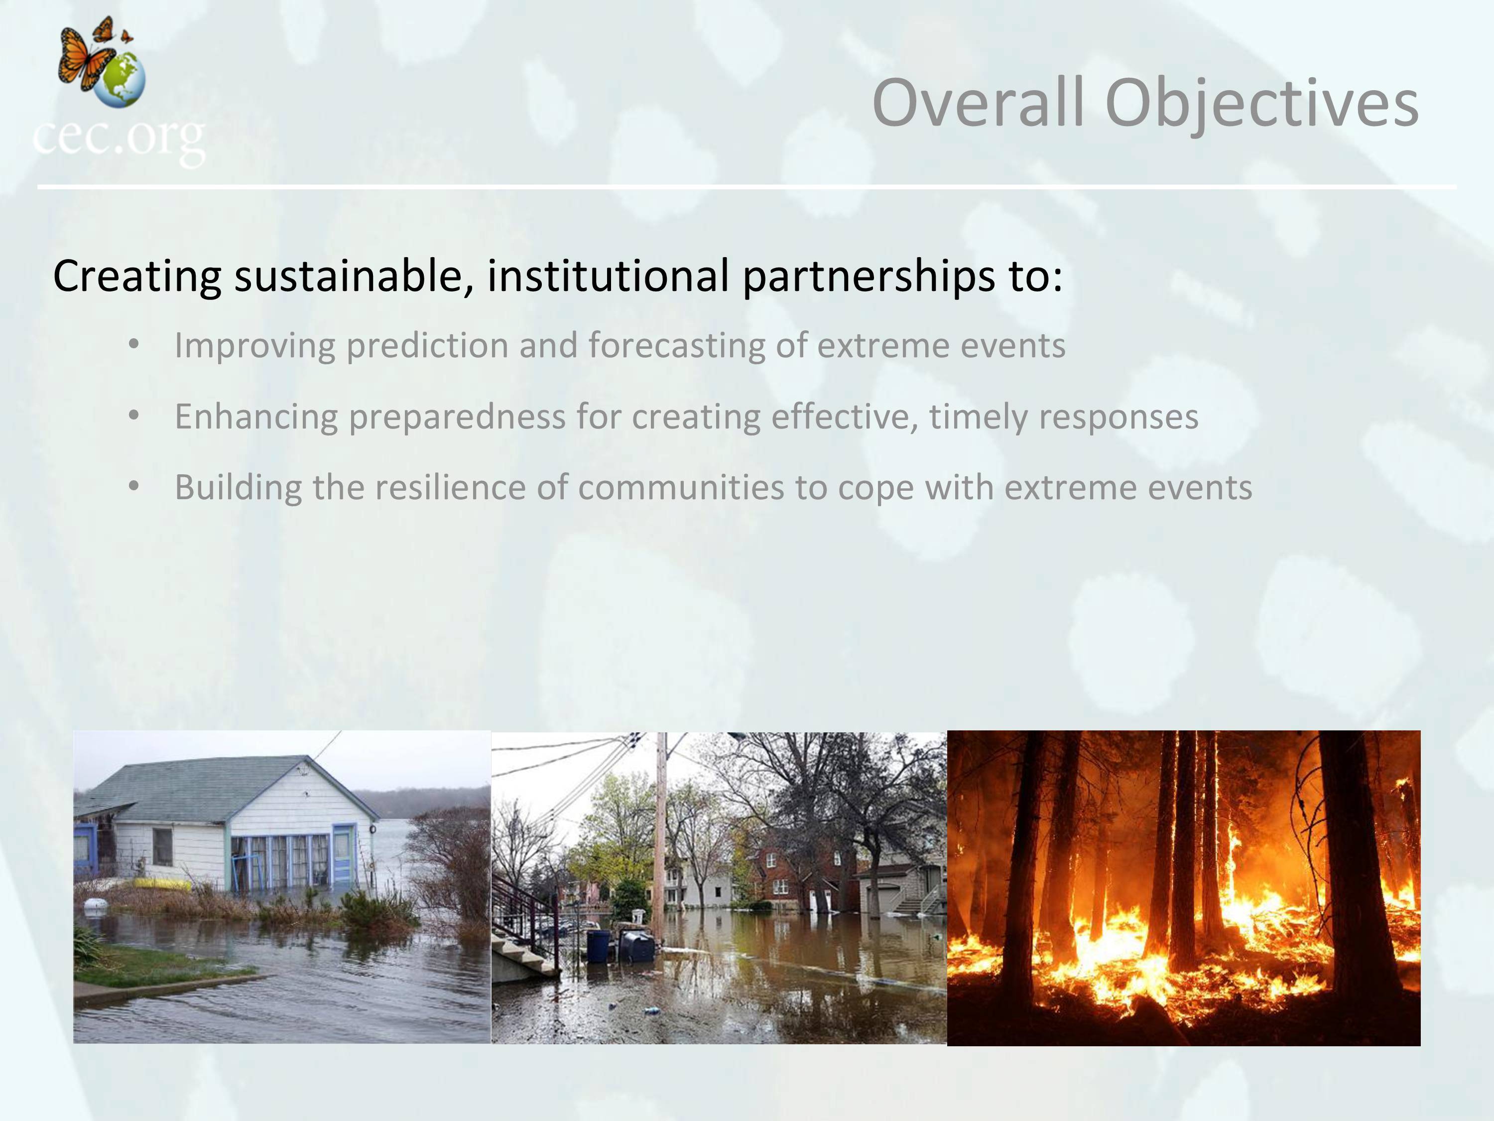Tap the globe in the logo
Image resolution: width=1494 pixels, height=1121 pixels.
coord(120,80)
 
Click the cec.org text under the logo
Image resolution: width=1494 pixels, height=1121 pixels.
coord(119,139)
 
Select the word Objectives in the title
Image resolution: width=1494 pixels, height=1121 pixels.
coord(1261,104)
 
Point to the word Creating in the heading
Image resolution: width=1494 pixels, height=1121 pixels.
coord(137,277)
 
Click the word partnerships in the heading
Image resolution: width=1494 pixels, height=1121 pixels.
coord(868,277)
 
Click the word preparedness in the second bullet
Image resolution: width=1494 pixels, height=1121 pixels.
coord(457,417)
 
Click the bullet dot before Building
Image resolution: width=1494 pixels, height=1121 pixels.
coord(134,486)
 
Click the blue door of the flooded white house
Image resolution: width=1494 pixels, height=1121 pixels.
coord(343,855)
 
